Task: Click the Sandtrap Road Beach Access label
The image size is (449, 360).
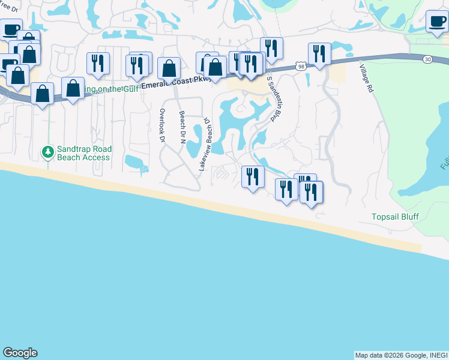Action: coord(83,153)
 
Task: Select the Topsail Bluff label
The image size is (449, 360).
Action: coord(394,216)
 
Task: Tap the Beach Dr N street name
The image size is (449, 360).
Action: coord(181,126)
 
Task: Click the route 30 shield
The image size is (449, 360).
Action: coord(427,59)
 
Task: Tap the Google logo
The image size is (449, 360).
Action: coord(20,353)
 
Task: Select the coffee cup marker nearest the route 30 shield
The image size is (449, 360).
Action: coord(436,23)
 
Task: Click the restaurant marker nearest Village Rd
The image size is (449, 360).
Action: coord(319,53)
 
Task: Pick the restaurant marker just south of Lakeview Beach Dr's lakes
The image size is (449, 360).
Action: coord(253,176)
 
